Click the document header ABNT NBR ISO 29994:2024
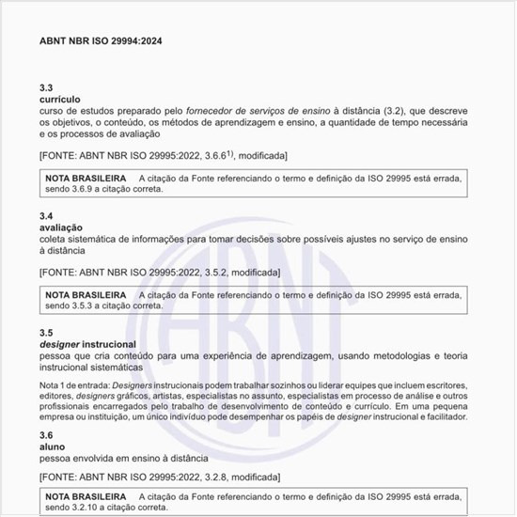(x=102, y=41)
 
